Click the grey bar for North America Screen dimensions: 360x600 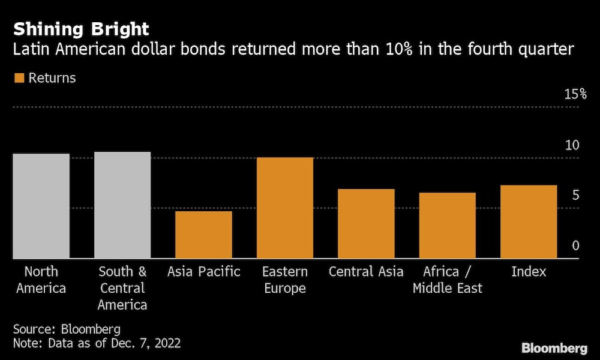[x=41, y=206]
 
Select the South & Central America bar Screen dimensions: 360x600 [x=122, y=205]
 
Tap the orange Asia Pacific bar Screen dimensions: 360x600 [x=203, y=235]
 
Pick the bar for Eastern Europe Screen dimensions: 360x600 [x=285, y=208]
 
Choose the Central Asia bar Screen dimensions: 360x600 [x=366, y=224]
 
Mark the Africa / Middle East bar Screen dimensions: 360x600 [x=447, y=226]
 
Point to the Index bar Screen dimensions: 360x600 [x=529, y=222]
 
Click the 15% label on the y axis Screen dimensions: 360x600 [x=575, y=94]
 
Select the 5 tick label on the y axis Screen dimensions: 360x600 [x=575, y=196]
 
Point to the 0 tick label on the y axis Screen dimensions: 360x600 [x=575, y=246]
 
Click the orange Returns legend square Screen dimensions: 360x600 [x=19, y=78]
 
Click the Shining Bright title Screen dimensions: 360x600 [x=82, y=29]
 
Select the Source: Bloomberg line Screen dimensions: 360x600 [x=67, y=329]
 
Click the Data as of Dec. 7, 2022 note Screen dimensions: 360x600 [x=97, y=344]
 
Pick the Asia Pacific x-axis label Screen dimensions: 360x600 [x=203, y=272]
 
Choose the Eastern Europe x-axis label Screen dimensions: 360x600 [x=285, y=280]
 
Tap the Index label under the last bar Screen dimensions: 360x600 [x=529, y=272]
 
